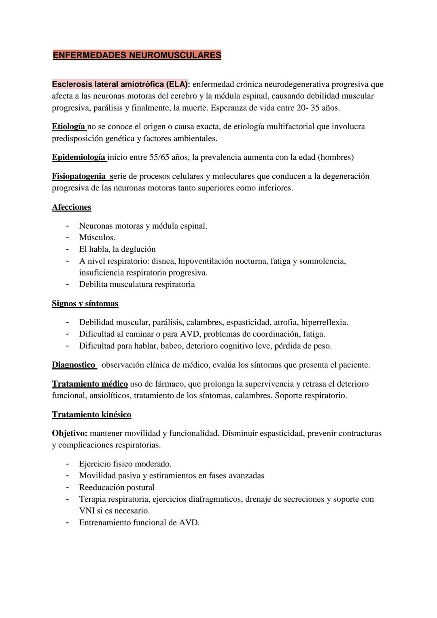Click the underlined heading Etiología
pos(68,126)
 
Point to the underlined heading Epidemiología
pos(78,157)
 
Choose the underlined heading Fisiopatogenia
pos(78,176)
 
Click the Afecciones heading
pos(72,207)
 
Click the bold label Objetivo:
pos(70,433)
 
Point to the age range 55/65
pos(159,157)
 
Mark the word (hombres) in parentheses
pos(336,157)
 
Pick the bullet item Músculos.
pos(97,237)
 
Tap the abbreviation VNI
pos(87,511)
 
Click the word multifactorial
pos(288,126)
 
